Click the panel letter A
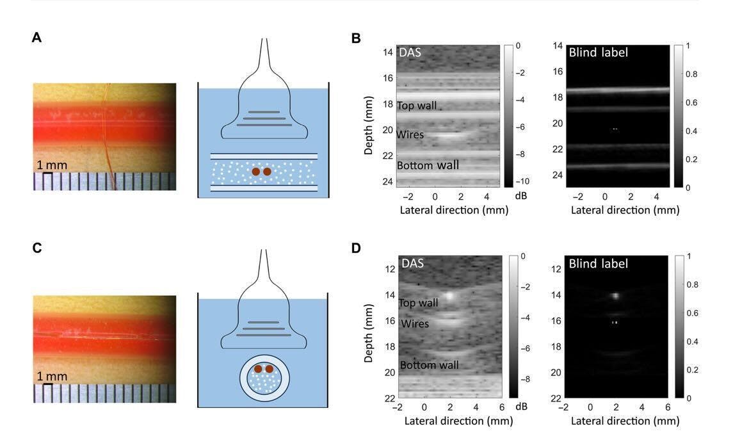(x=36, y=38)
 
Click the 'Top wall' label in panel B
(x=417, y=106)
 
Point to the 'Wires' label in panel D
(x=415, y=324)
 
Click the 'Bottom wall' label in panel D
(x=429, y=365)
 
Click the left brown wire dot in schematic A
(x=256, y=172)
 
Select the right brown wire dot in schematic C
(x=270, y=369)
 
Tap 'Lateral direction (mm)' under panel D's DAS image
(x=458, y=421)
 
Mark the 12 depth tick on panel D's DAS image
(x=388, y=269)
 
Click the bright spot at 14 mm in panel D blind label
(x=615, y=296)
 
